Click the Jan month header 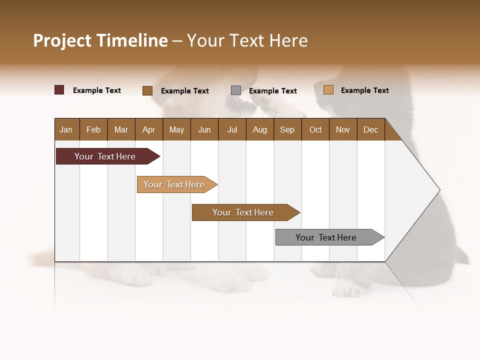click(66, 129)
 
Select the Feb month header click(93, 129)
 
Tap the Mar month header click(121, 129)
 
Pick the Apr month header click(148, 129)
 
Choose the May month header click(176, 129)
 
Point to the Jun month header click(204, 129)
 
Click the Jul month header click(232, 129)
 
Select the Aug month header click(259, 129)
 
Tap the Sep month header click(287, 129)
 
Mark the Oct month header click(315, 129)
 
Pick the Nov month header click(342, 129)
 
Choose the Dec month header click(370, 129)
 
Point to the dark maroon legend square click(59, 90)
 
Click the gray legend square click(236, 90)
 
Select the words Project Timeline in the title click(100, 40)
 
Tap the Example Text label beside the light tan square click(364, 90)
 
